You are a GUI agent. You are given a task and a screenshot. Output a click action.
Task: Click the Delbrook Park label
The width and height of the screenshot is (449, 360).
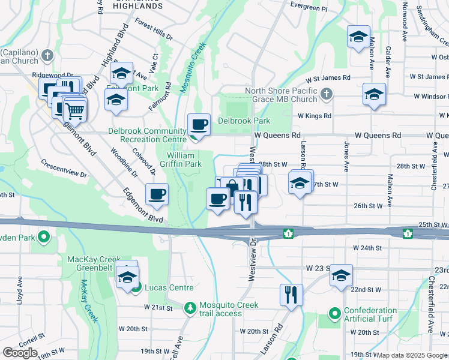244,121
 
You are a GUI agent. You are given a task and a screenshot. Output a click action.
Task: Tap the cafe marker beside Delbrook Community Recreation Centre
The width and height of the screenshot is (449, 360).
199,125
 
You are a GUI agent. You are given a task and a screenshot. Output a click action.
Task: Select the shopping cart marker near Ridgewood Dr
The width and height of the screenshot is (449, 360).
74,110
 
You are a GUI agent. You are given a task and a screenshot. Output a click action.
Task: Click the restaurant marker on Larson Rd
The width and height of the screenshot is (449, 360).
291,295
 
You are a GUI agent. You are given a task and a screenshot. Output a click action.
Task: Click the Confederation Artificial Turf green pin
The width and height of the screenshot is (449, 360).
334,313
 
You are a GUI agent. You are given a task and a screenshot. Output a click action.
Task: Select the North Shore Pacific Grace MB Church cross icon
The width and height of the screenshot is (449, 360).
326,94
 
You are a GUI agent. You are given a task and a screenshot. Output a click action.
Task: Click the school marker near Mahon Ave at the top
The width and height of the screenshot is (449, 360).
358,37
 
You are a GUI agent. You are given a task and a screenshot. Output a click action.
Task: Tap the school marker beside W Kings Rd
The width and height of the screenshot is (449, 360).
374,95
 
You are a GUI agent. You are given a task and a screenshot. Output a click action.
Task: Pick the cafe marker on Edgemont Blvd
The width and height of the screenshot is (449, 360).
157,194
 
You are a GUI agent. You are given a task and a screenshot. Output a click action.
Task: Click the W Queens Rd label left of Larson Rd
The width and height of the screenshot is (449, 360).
277,136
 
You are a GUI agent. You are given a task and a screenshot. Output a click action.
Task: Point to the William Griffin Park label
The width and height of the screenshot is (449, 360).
184,159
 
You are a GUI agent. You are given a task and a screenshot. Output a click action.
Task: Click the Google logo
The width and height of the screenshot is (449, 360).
20,353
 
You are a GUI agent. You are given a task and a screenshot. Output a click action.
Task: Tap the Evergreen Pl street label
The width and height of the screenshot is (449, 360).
309,9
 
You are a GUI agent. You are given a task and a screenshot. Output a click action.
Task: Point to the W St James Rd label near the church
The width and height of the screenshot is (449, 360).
327,78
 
